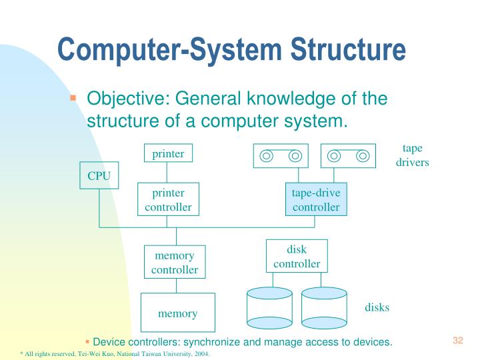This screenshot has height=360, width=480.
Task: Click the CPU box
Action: (99, 176)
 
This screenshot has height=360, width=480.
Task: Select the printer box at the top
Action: (168, 153)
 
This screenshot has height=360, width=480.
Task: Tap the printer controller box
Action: (168, 200)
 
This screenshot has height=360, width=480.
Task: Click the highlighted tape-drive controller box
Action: (316, 200)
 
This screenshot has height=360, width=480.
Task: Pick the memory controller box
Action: (175, 263)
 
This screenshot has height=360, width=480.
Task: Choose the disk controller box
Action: (297, 257)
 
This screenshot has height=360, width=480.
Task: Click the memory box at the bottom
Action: (177, 312)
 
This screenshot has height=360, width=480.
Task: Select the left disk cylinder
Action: (269, 308)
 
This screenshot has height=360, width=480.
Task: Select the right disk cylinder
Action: (324, 308)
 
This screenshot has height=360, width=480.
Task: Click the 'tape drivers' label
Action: (412, 155)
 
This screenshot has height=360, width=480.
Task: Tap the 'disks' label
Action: (377, 307)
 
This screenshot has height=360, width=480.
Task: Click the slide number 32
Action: (457, 341)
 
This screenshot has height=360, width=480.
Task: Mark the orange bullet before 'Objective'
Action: (75, 98)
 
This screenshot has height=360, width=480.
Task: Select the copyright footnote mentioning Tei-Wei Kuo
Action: (115, 354)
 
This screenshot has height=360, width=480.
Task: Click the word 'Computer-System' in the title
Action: (161, 50)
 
